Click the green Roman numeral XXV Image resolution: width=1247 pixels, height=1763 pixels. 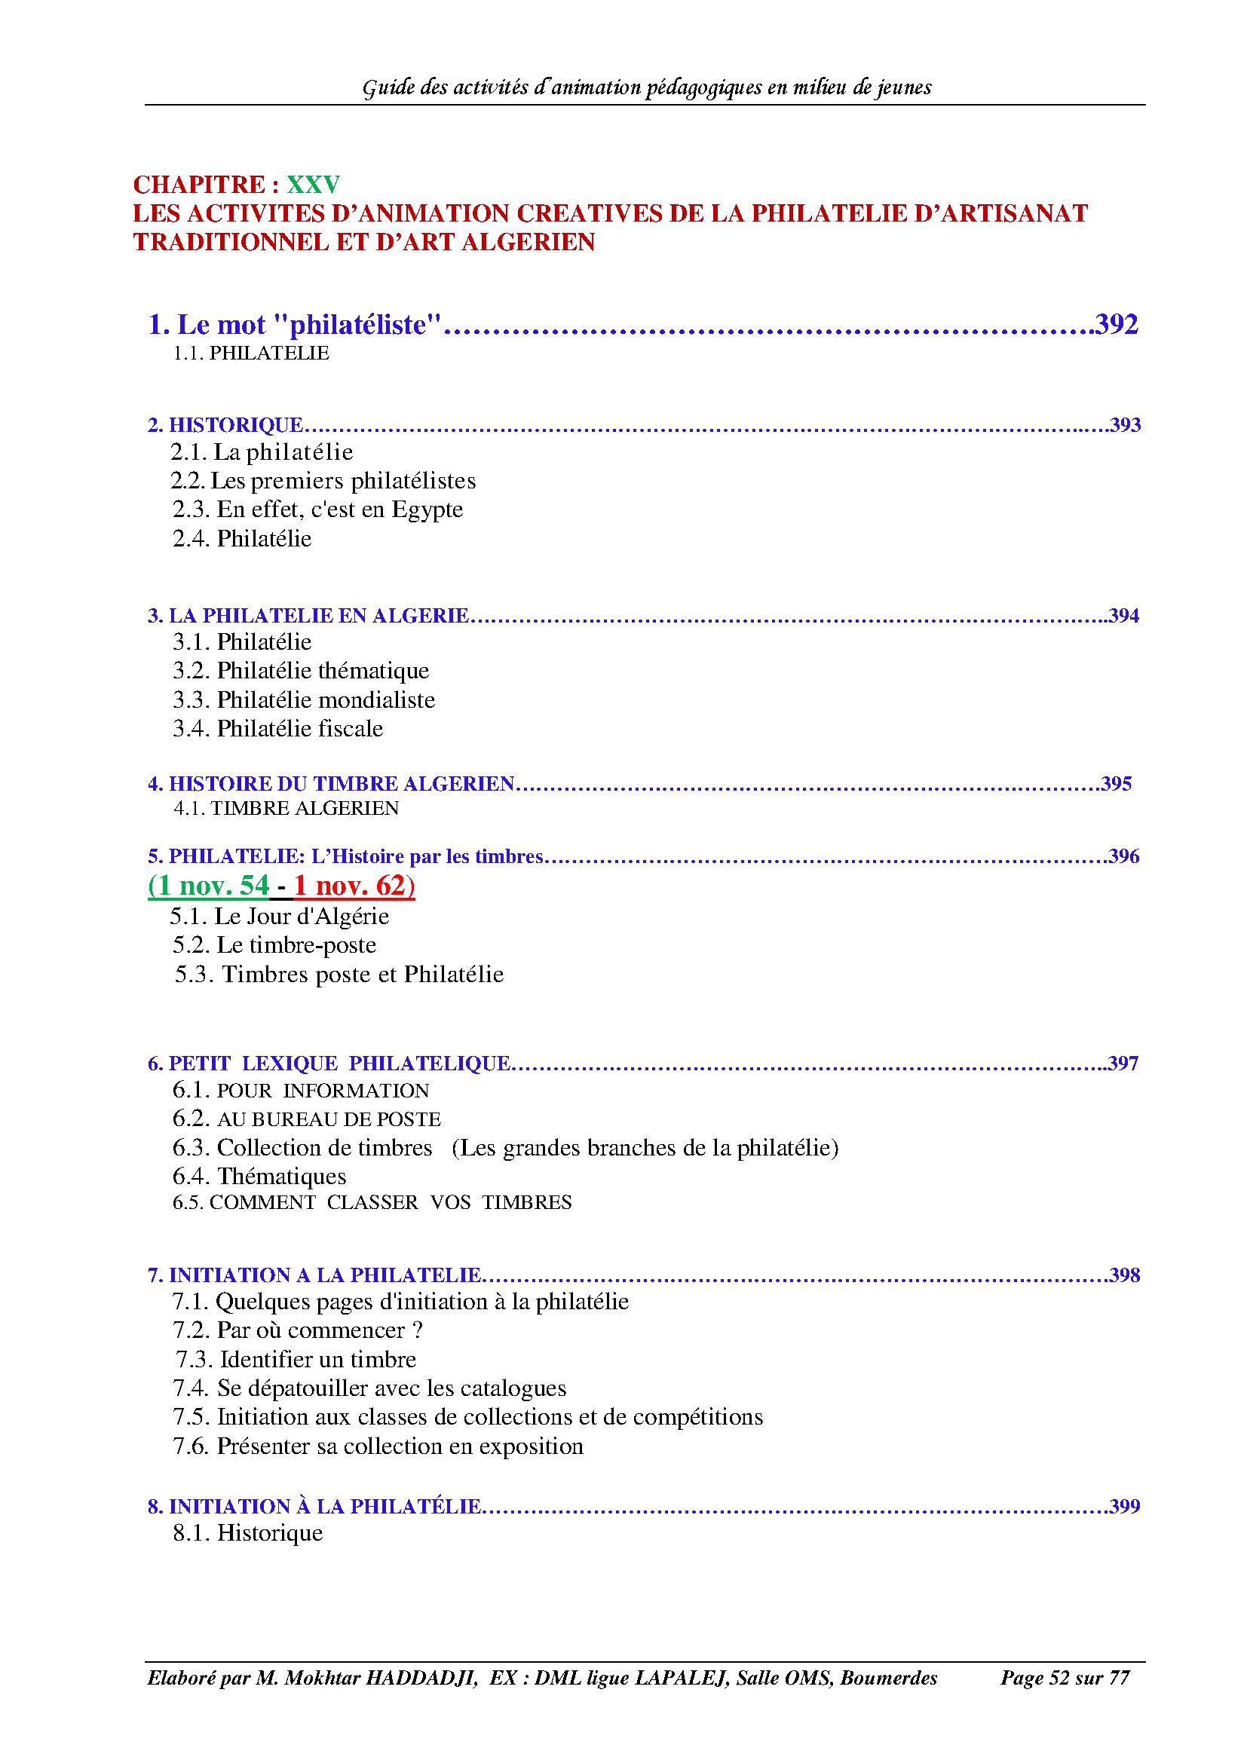pyautogui.click(x=314, y=185)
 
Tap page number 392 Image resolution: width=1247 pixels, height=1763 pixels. pyautogui.click(x=1117, y=325)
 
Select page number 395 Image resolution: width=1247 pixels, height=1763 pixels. pyautogui.click(x=1117, y=784)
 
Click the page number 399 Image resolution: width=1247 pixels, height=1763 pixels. pyautogui.click(x=1124, y=1507)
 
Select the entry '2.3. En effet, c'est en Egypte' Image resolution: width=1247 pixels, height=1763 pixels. pyautogui.click(x=317, y=510)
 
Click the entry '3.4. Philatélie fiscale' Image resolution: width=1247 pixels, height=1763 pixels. pyautogui.click(x=278, y=729)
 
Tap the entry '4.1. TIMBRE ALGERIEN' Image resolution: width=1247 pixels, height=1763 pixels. pyautogui.click(x=286, y=809)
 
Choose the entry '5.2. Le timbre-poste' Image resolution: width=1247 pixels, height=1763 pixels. pyautogui.click(x=274, y=945)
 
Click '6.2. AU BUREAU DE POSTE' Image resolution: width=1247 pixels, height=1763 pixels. pyautogui.click(x=306, y=1119)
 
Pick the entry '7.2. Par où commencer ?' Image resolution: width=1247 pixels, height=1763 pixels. pyautogui.click(x=298, y=1330)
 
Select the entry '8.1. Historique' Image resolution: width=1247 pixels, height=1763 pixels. pyautogui.click(x=247, y=1533)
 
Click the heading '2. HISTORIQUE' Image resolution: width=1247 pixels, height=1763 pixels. pyautogui.click(x=225, y=424)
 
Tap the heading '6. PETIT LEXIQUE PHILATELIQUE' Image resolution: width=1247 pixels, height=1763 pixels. pyautogui.click(x=329, y=1064)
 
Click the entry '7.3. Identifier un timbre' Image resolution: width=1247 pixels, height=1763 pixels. pyautogui.click(x=296, y=1360)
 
